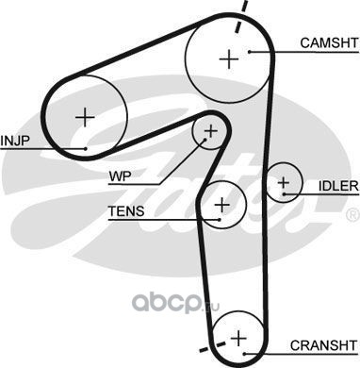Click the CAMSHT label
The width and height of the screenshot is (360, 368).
[329, 43]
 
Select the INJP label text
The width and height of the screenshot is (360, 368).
[14, 141]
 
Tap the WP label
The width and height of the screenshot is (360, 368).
[120, 176]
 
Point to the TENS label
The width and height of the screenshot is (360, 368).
[126, 211]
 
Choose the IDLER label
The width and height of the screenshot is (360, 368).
[338, 186]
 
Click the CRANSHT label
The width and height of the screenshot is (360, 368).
[324, 345]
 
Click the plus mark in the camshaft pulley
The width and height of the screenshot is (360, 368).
[229, 59]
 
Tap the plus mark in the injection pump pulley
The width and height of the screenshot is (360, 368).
[85, 117]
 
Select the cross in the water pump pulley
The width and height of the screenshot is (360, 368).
[210, 131]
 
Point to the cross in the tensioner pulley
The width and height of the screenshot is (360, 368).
[222, 205]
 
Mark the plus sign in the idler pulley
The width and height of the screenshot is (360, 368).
[284, 183]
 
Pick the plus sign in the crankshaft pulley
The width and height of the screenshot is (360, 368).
[238, 339]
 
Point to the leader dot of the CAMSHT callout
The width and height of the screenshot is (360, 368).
[250, 52]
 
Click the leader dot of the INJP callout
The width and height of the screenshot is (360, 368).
[86, 149]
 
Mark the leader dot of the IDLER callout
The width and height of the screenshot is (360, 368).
[284, 194]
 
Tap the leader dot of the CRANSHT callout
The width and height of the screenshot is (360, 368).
[245, 354]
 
